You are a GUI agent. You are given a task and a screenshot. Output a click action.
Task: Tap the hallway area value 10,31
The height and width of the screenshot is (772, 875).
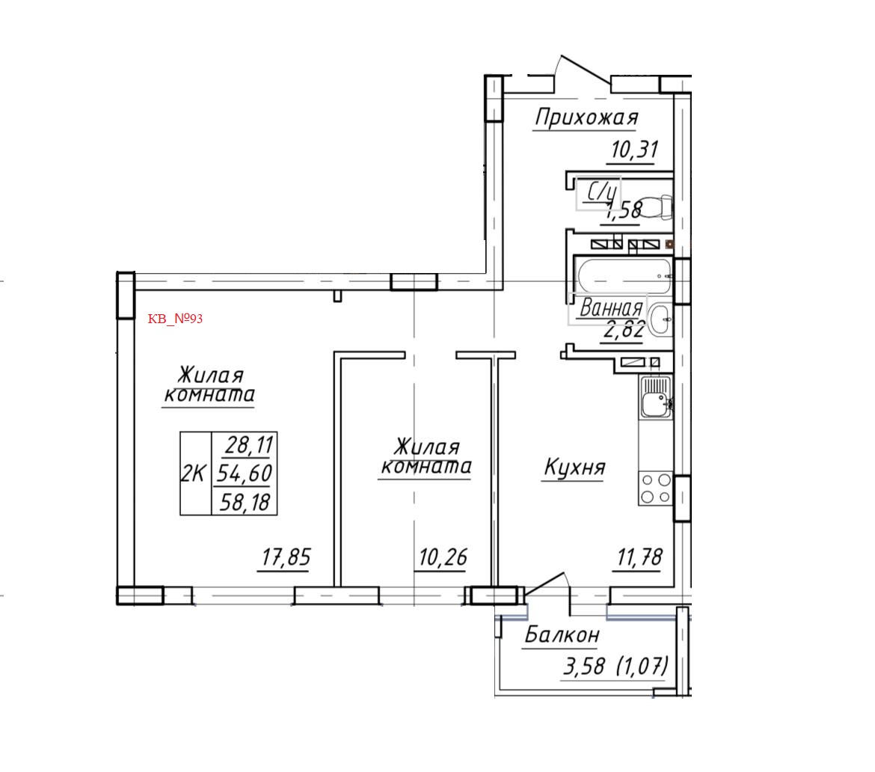tap(633, 150)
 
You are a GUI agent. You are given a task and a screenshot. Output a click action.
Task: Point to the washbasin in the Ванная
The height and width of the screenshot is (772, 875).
tap(660, 320)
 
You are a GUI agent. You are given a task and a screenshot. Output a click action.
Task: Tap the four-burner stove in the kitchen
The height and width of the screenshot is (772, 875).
tap(655, 488)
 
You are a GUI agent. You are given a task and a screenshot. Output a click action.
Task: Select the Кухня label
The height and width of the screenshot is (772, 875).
tap(574, 468)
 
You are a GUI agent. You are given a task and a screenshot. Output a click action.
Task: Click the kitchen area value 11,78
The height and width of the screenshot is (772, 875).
tap(637, 558)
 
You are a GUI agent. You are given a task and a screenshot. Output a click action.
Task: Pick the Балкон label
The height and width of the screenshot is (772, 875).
tap(562, 635)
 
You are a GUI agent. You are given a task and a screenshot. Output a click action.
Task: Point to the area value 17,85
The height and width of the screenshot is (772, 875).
tap(285, 558)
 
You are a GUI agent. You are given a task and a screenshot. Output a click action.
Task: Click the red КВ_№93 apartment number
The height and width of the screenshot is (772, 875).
tap(176, 319)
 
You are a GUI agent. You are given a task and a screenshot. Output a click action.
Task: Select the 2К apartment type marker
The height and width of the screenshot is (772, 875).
tap(194, 474)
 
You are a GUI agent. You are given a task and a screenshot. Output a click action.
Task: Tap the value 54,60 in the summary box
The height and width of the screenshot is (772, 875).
tap(245, 474)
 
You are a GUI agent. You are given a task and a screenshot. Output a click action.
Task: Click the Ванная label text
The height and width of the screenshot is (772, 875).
tap(612, 308)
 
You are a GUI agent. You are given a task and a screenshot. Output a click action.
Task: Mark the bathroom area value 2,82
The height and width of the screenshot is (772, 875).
tap(623, 329)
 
